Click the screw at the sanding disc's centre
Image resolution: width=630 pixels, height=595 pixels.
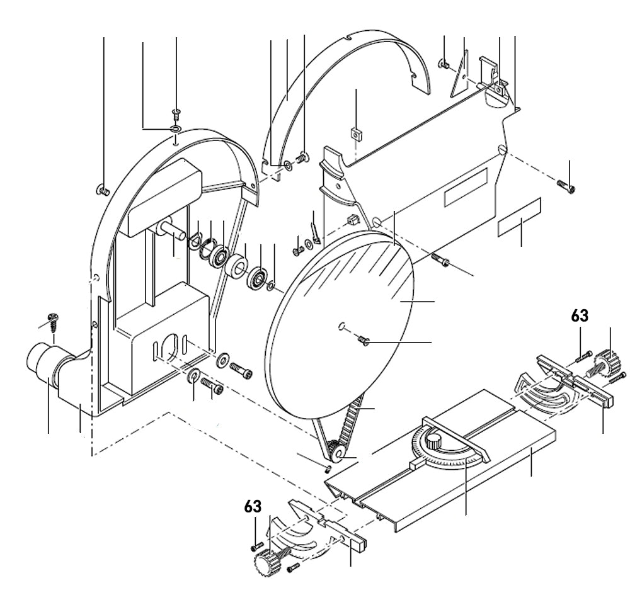[364, 341]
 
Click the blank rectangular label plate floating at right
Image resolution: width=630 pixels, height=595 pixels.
[520, 218]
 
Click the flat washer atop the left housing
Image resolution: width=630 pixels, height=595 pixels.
[175, 129]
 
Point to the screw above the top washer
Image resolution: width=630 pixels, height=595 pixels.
[176, 113]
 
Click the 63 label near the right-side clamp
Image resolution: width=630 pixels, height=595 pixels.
[580, 315]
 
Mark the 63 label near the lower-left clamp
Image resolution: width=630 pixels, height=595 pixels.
[253, 506]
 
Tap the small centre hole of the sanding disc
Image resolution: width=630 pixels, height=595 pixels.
[340, 326]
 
